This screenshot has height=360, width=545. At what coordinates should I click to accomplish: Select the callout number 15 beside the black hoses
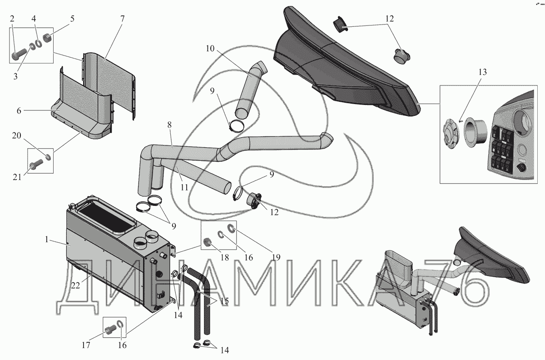[224, 301]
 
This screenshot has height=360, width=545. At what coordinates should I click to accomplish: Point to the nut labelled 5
[48, 37]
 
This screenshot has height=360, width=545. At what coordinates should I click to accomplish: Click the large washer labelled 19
[231, 228]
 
